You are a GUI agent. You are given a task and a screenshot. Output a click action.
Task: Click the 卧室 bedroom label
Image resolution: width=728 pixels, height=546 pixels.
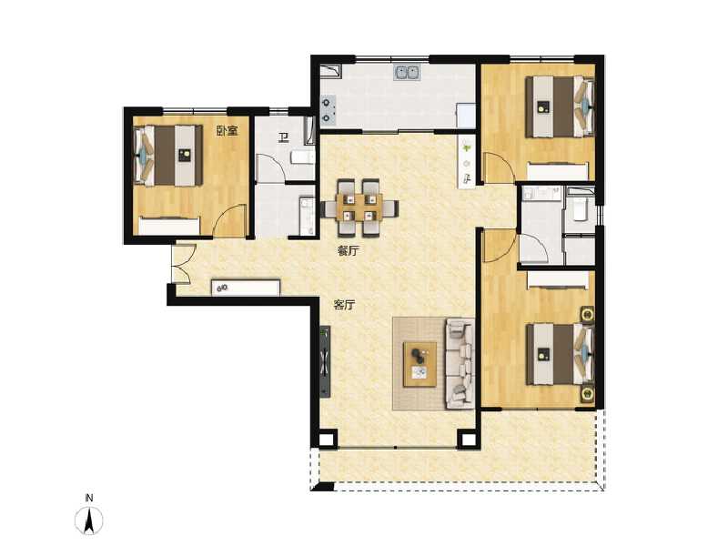coord(227,131)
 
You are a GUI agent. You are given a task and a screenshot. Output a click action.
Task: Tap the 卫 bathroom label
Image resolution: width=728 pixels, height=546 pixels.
coord(283,138)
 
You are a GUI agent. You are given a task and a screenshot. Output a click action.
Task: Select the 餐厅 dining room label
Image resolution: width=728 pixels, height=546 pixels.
coord(346,251)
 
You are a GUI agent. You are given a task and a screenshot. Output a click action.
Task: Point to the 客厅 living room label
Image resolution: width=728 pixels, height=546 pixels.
coord(343,306)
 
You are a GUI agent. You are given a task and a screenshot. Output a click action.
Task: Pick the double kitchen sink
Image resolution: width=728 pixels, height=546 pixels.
coord(407,72)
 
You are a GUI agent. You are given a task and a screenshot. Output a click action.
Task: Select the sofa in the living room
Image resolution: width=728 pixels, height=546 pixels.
coord(460,362)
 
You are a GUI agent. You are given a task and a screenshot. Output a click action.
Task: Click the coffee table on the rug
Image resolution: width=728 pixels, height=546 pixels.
coord(420,362)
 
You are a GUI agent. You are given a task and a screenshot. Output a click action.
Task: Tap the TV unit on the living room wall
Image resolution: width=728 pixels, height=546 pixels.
coord(325,360)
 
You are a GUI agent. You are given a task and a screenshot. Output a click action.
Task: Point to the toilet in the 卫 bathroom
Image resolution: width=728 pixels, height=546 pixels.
coord(301,158)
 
